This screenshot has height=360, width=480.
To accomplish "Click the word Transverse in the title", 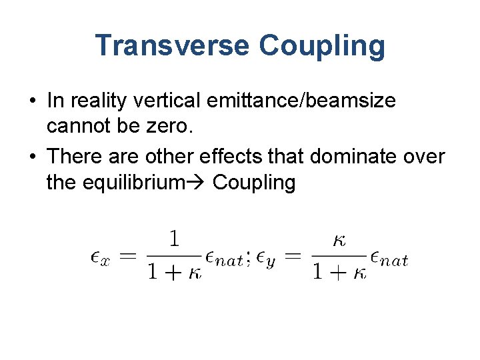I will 172,45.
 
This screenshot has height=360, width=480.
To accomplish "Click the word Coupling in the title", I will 322,45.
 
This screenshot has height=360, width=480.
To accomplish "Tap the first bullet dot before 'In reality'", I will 32,102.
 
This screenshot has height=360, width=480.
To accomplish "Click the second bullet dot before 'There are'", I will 32,157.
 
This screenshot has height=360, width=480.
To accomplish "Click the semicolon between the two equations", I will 249,258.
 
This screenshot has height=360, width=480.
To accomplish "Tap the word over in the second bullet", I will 423,156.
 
